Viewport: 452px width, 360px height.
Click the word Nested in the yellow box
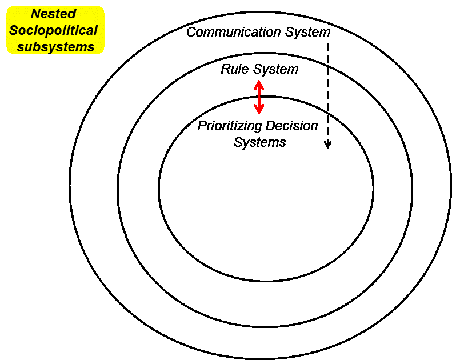[x=53, y=14]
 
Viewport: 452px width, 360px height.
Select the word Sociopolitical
[x=53, y=30]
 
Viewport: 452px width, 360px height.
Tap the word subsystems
[x=55, y=47]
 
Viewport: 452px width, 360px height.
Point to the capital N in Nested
[x=35, y=14]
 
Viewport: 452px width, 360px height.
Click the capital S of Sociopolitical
[x=14, y=30]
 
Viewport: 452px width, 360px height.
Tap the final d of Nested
[x=72, y=14]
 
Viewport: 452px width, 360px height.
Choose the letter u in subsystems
[x=27, y=47]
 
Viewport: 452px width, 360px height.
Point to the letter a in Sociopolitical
[x=89, y=31]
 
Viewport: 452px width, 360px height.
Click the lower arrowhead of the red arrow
[x=259, y=110]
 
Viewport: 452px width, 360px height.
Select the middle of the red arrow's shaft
[x=259, y=97]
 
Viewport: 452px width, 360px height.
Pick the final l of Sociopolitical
[x=95, y=30]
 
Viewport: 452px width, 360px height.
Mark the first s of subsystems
[x=20, y=47]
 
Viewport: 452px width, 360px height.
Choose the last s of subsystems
[x=91, y=47]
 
